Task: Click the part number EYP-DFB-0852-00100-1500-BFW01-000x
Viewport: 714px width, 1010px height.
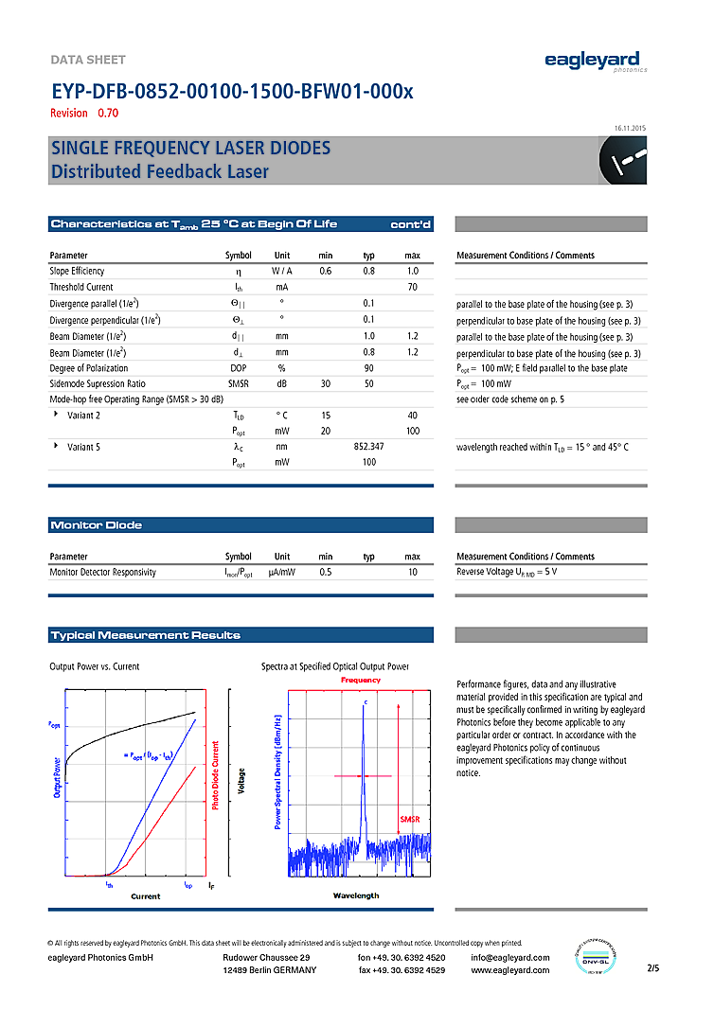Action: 232,92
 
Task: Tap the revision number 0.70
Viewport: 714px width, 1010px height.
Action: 109,114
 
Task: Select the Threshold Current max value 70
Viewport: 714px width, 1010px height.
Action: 412,287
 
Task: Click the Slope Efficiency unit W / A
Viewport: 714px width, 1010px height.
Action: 282,271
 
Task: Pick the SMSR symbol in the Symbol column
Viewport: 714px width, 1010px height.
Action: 238,384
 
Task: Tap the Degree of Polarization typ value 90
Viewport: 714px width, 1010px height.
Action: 368,368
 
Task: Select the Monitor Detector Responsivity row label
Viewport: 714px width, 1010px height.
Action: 103,573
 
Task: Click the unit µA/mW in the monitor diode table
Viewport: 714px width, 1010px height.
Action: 282,573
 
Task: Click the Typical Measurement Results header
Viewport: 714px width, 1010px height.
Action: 145,635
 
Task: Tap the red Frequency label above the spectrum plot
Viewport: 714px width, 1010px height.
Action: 360,680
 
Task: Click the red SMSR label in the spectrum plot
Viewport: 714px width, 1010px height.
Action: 409,819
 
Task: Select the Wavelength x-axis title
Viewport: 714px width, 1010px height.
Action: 356,895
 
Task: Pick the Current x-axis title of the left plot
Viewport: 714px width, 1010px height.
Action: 145,895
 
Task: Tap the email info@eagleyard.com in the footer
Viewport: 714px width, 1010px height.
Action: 509,958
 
